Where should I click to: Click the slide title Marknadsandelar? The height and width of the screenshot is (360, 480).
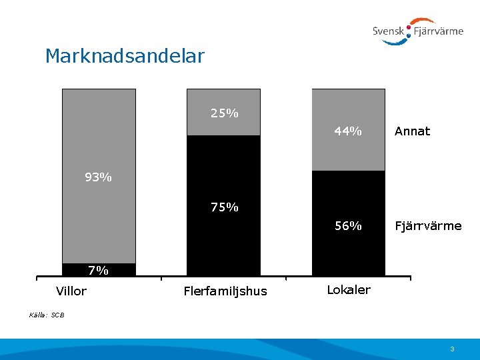click(125, 56)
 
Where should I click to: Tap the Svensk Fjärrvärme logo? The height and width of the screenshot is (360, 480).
click(417, 31)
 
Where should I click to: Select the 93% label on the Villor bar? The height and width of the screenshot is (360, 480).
click(98, 177)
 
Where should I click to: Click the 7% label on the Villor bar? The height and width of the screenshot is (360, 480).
click(98, 271)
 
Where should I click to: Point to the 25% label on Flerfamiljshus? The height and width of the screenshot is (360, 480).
click(224, 113)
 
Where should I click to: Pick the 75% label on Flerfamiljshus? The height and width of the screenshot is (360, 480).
click(224, 207)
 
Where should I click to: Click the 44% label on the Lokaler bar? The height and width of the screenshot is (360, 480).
click(348, 131)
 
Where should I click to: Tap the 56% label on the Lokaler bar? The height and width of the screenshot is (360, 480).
click(348, 226)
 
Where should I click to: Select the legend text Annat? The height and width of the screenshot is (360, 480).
click(412, 131)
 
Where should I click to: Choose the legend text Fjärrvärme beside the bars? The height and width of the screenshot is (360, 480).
click(428, 226)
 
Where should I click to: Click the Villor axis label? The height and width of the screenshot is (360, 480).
click(71, 291)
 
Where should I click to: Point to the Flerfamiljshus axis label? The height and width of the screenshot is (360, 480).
click(225, 291)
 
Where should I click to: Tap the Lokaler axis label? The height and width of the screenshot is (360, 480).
click(349, 290)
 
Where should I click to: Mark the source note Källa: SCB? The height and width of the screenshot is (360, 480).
click(47, 314)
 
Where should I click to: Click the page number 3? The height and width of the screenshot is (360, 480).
click(452, 349)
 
